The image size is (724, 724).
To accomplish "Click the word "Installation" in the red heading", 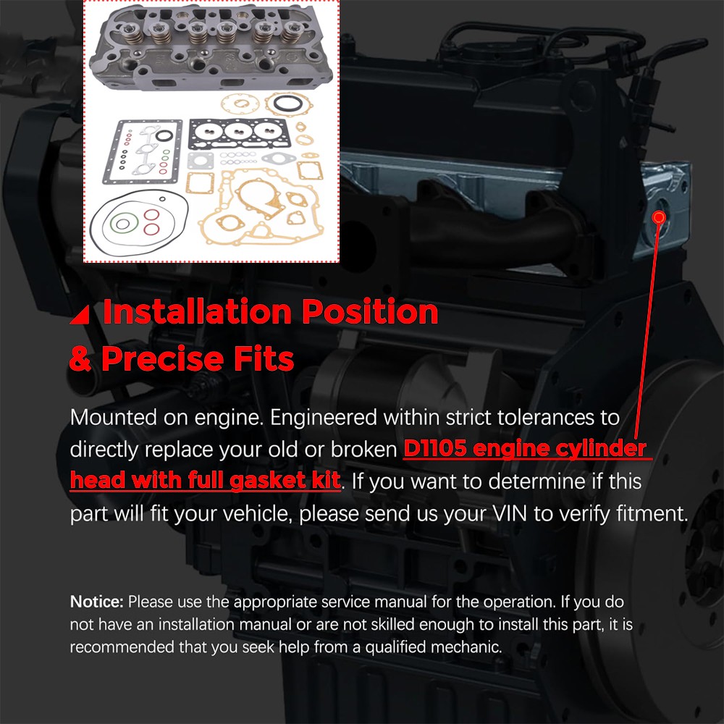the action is pos(197,311).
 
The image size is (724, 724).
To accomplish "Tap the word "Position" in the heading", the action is pos(370,311).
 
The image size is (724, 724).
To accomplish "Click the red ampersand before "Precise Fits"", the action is pos(80,360).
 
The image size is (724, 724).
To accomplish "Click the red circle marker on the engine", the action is pos(660,217).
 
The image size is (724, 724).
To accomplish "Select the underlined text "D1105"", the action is pos(434,448).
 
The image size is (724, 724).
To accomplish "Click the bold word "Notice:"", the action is pos(96,602).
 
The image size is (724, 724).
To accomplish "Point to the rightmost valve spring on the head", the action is pos(292,33).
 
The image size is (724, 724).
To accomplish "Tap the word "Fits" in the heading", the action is pos(264,359).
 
